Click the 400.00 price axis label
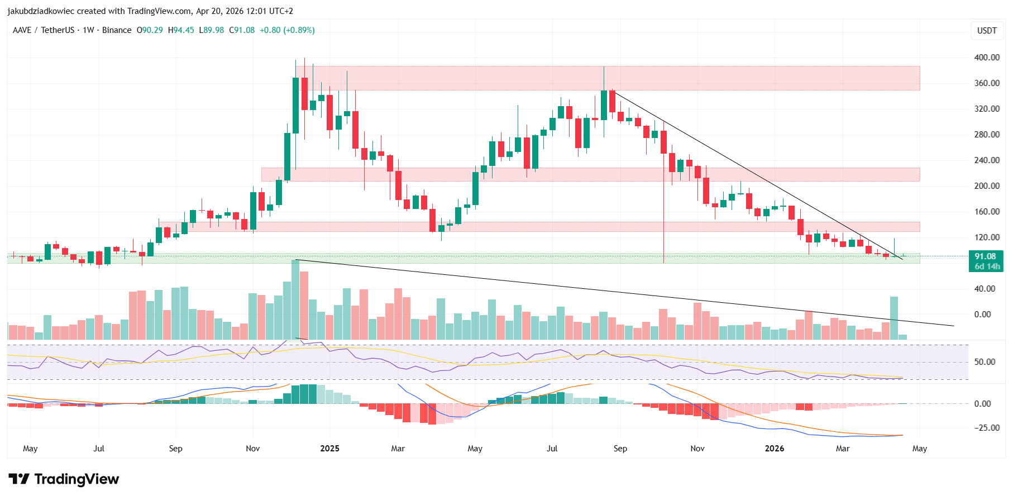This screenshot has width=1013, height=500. pyautogui.click(x=986, y=58)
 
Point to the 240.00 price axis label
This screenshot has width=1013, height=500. pyautogui.click(x=986, y=160)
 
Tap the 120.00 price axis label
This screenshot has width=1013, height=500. pyautogui.click(x=986, y=237)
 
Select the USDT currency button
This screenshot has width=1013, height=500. pyautogui.click(x=986, y=31)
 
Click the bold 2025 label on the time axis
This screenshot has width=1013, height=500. pyautogui.click(x=329, y=449)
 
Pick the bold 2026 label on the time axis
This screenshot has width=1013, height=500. pyautogui.click(x=774, y=449)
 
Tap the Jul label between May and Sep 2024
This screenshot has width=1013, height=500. pyautogui.click(x=99, y=449)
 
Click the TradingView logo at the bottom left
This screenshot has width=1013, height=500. pyautogui.click(x=64, y=479)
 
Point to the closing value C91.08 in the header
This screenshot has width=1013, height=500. pyautogui.click(x=242, y=30)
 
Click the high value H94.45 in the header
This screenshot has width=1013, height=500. pyautogui.click(x=181, y=30)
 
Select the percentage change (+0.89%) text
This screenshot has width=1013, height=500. pyautogui.click(x=299, y=30)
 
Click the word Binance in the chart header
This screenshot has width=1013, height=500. pyautogui.click(x=117, y=30)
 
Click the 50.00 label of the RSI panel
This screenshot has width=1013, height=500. pyautogui.click(x=985, y=362)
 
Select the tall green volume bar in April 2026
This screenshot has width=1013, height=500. pyautogui.click(x=893, y=317)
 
